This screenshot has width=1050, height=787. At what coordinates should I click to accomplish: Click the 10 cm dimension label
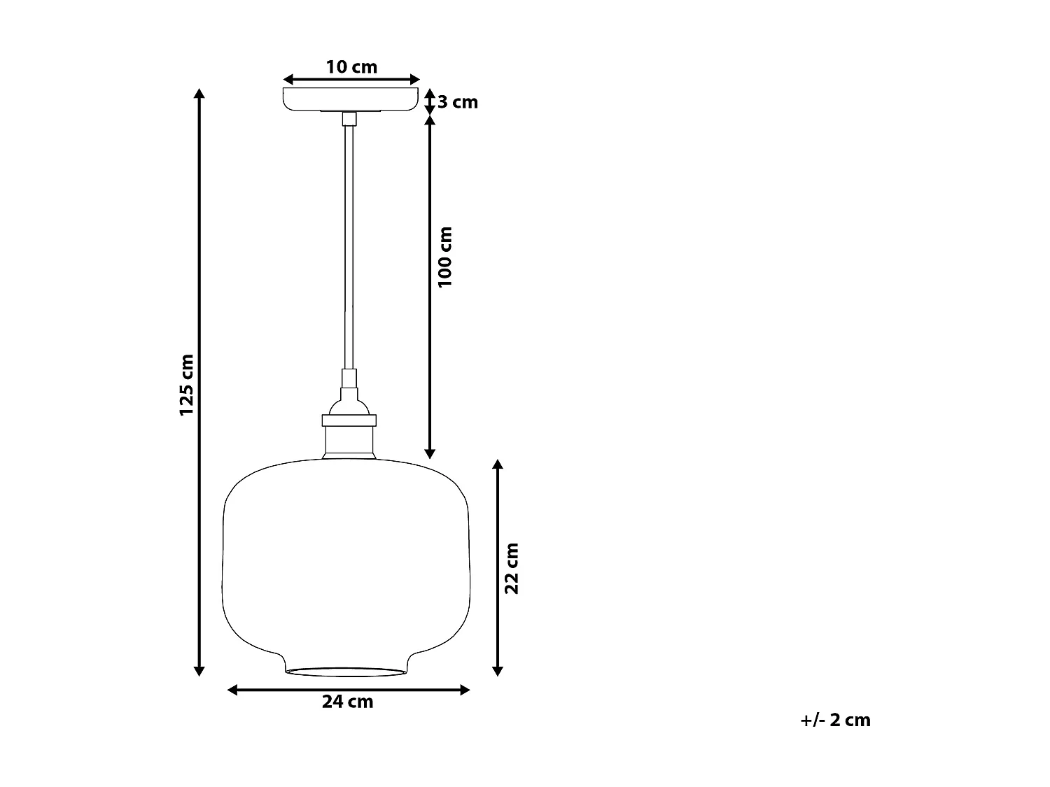(351, 67)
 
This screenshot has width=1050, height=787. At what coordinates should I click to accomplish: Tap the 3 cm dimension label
(458, 102)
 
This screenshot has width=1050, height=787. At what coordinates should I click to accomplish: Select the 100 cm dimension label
(445, 256)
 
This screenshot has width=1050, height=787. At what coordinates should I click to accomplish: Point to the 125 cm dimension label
(186, 385)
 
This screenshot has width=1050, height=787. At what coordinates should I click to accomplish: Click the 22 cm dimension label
(512, 568)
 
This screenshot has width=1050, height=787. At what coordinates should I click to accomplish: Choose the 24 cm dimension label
(348, 702)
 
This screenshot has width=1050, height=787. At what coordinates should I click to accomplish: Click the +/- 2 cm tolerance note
(836, 720)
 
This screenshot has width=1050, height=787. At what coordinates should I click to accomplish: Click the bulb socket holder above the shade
(349, 434)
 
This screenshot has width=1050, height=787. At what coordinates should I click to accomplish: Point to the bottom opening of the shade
(346, 672)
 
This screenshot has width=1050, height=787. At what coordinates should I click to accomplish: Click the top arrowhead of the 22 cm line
(498, 465)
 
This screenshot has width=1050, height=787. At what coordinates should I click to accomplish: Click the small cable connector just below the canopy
(349, 119)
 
